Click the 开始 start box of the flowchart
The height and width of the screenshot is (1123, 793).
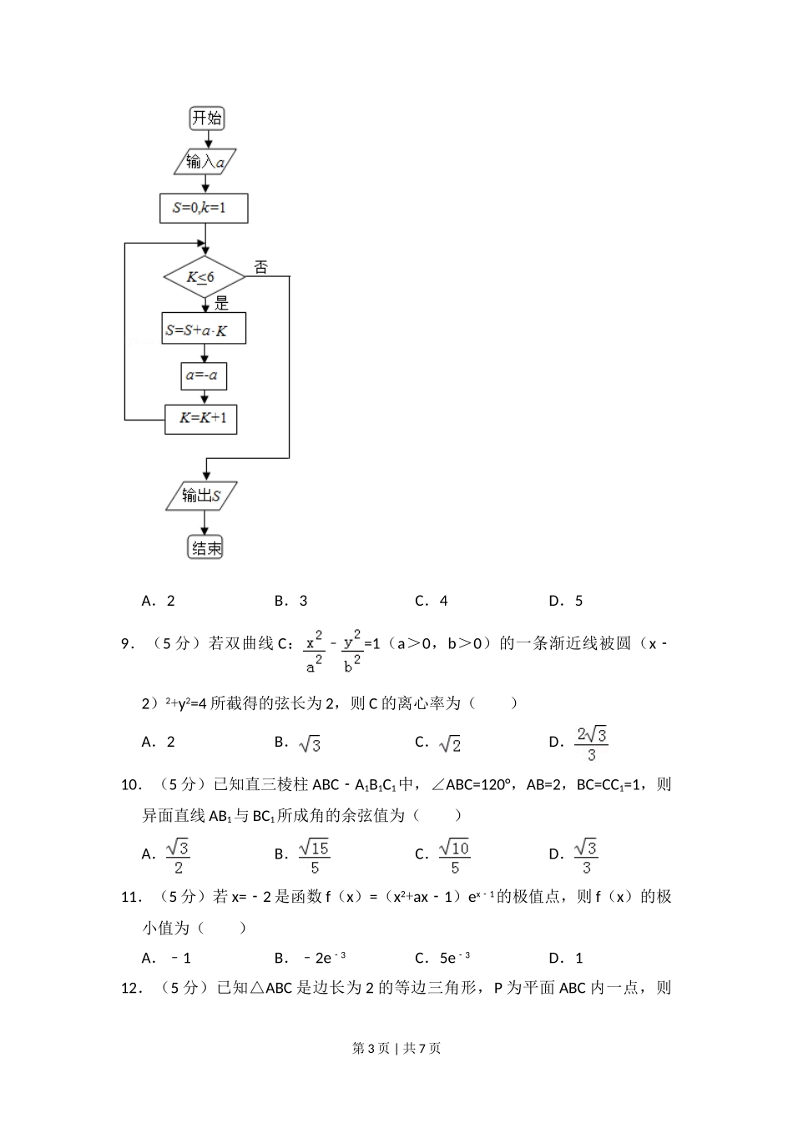pos(206,118)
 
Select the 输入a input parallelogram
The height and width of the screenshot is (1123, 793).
pos(205,162)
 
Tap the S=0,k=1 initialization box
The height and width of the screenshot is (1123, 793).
pos(204,208)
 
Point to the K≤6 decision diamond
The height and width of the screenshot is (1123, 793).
pos(204,277)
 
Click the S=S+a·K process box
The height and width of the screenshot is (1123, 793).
pos(204,330)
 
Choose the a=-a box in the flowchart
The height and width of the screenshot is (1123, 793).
pos(204,375)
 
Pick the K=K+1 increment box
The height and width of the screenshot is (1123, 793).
pos(200,418)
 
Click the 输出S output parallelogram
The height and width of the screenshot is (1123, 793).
pos(201,496)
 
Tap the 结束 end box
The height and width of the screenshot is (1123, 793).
pos(206,548)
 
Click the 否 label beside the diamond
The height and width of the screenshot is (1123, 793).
pos(261,267)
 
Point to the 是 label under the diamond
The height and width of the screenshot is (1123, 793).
pos(221,304)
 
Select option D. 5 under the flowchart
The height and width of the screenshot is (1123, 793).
pos(566,601)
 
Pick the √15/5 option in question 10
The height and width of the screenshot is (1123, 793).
pos(314,856)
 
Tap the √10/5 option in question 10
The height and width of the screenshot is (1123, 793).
pos(454,856)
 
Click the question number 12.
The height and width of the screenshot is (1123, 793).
pos(129,989)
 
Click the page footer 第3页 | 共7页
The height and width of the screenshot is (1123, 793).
pos(396,1048)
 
